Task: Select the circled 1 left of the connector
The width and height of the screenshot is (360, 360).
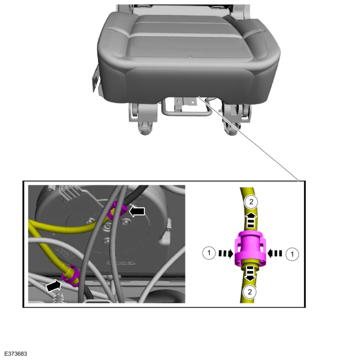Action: pos(209,253)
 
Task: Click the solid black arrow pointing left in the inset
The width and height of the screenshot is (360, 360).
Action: pos(137,211)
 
